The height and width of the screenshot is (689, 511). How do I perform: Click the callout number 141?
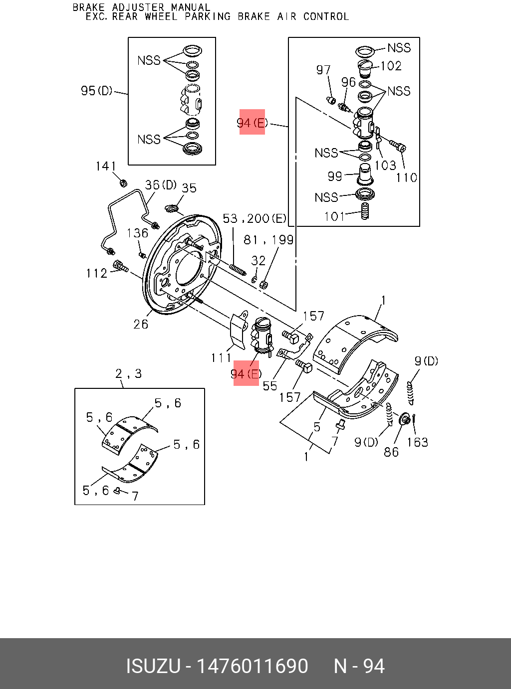pos(106,166)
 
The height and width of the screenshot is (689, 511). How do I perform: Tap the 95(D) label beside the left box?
pos(97,91)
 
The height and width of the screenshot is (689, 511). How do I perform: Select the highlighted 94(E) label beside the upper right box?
pos(252,123)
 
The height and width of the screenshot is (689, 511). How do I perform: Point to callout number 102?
pos(391,66)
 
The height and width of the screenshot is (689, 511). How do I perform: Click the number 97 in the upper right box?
pos(323,70)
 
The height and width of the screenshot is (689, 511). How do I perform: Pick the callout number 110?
pos(406,177)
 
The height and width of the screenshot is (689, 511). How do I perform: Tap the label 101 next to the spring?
pos(334,216)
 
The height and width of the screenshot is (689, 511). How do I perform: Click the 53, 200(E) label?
pos(255,218)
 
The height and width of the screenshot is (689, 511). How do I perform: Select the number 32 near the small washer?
pos(258,260)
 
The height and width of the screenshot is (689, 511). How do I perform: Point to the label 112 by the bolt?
pos(96,273)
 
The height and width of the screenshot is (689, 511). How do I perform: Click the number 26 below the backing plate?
pos(141,324)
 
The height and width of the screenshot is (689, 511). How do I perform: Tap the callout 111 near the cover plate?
pos(221,357)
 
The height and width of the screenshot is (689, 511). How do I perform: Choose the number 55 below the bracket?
pos(269,385)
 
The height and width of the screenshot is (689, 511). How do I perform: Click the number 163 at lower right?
pos(417,442)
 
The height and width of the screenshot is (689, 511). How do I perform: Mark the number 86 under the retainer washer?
pos(391,452)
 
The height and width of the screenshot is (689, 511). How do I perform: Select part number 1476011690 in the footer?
pos(253,666)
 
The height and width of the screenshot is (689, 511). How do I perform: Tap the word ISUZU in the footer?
pos(153,666)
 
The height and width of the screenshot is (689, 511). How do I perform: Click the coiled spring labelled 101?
pos(365,211)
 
